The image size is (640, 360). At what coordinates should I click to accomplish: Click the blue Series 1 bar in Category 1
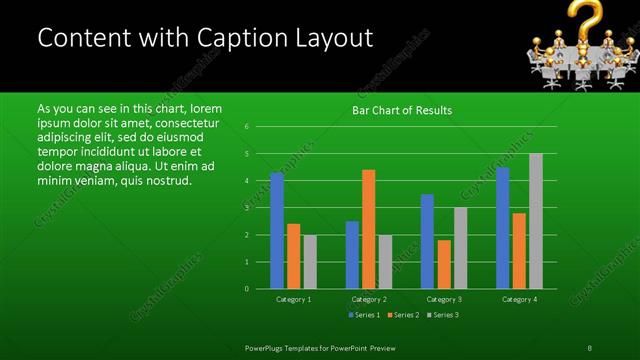(x=277, y=231)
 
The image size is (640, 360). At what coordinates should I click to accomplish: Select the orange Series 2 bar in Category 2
(x=368, y=229)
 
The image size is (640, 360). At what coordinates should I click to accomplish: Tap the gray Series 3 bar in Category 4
(x=536, y=221)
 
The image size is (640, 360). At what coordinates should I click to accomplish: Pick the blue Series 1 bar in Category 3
(x=427, y=241)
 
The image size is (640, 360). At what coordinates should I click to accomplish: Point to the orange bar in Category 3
(x=443, y=264)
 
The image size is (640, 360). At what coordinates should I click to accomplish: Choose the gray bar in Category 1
(x=309, y=262)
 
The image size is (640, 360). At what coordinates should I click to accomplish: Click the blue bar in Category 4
(x=503, y=228)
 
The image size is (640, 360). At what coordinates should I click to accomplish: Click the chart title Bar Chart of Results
(x=403, y=110)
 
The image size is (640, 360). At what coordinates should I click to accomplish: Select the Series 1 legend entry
(x=363, y=316)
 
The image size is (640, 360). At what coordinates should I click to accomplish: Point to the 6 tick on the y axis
(x=247, y=127)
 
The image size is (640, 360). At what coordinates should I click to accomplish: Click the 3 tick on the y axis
(x=247, y=208)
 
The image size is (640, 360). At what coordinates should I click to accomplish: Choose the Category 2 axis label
(x=369, y=299)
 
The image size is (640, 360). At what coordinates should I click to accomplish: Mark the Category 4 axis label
(x=519, y=299)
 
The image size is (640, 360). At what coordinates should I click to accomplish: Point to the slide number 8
(x=589, y=347)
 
